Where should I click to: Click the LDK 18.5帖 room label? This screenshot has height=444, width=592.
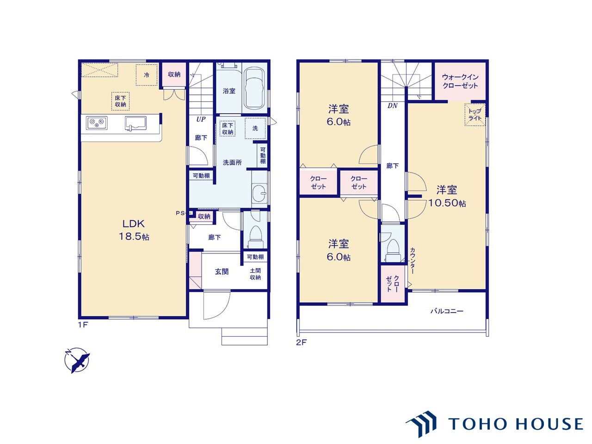coord(134,230)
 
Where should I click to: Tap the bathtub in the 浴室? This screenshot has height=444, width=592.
coord(254,88)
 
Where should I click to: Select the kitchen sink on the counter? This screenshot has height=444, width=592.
coord(136,123)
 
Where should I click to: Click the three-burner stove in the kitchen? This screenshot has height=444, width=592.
coord(97,123)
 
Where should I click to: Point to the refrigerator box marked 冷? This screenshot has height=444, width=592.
coord(147,74)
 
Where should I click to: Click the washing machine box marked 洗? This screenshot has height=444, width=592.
coord(255,128)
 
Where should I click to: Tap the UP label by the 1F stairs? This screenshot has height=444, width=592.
coord(201,119)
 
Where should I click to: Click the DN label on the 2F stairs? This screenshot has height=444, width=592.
coord(392,105)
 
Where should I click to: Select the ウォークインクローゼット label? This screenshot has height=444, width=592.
coord(460,81)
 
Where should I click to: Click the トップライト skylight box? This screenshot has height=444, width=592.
coord(475,115)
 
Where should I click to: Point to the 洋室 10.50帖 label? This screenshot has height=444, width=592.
coord(447,196)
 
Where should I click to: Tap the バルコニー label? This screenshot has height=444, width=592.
coord(447,311)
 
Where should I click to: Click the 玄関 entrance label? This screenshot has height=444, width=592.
coord(222,271)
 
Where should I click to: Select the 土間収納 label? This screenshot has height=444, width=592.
coord(255,274)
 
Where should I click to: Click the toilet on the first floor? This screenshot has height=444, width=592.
coord(255,237)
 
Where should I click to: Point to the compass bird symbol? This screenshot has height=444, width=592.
coord(77,360)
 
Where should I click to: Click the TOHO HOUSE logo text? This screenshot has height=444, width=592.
coord(516,424)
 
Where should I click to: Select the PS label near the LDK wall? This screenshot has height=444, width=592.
coord(179,213)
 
